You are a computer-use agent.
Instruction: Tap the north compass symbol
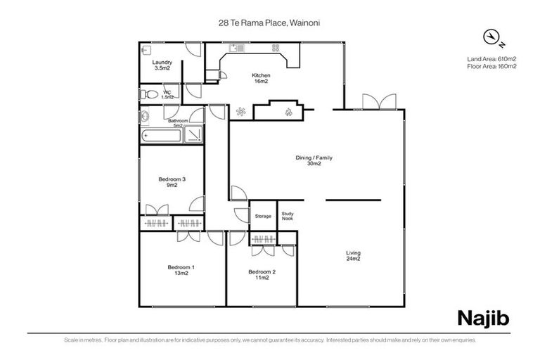491,37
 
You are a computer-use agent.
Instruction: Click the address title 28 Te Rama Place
269,22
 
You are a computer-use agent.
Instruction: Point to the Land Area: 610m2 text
491,58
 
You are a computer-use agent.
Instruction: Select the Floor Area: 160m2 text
491,66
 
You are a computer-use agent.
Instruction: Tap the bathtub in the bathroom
161,136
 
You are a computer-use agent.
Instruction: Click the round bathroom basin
145,117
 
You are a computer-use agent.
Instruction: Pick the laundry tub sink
146,50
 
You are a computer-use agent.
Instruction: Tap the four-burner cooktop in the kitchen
276,49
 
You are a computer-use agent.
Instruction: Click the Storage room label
263,216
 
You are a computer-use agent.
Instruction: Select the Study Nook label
287,216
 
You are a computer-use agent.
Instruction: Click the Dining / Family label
314,160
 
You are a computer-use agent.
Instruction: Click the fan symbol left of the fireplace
241,111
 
